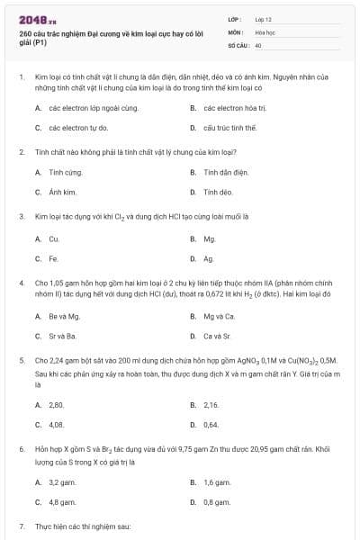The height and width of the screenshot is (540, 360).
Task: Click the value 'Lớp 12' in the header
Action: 264,18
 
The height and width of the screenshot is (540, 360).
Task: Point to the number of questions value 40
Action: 258,44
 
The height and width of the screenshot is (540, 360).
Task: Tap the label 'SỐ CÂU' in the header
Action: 238,44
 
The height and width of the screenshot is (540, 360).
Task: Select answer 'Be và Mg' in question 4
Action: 64,316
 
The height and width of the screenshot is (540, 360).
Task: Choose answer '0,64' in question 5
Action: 211,425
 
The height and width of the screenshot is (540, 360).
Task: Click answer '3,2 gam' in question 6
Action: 61,482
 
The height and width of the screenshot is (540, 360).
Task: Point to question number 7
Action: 22,525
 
